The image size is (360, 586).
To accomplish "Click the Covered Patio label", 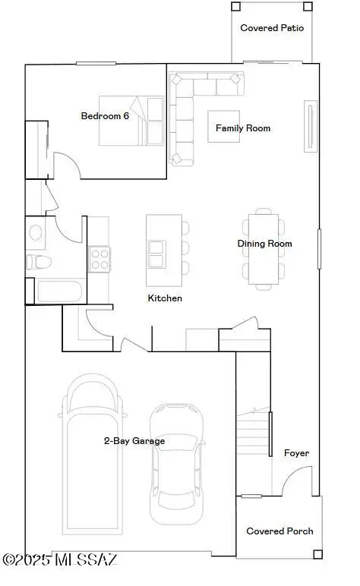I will pyautogui.click(x=272, y=28).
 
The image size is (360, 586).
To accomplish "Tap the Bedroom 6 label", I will pyautogui.click(x=105, y=116).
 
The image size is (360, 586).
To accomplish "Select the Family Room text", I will pyautogui.click(x=243, y=128).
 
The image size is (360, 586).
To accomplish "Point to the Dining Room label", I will pyautogui.click(x=264, y=244).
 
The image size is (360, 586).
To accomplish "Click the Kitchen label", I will pyautogui.click(x=165, y=298).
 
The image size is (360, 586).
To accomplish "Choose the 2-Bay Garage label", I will pyautogui.click(x=134, y=440).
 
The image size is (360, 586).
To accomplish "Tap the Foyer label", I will pyautogui.click(x=296, y=453).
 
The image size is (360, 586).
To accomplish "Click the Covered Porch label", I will pyautogui.click(x=279, y=531).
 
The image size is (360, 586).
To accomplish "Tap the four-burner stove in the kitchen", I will pyautogui.click(x=99, y=259).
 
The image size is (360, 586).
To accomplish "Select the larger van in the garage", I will pyautogui.click(x=92, y=455).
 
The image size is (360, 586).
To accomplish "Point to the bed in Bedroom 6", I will pyautogui.click(x=137, y=121).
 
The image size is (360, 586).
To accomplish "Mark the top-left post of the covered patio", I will pyautogui.click(x=235, y=6).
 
